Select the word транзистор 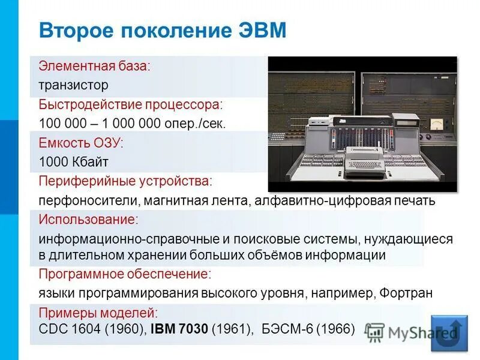coord(74,85)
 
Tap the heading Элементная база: coord(94,65)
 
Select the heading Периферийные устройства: coord(125,181)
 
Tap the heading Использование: coord(88,219)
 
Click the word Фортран coord(406,293)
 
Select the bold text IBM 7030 coord(179,329)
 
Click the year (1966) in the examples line coord(335,329)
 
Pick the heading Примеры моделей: coord(98,313)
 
